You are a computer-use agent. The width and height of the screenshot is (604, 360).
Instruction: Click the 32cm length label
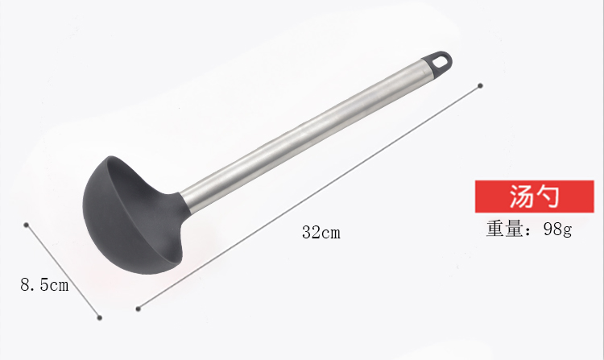point(321,233)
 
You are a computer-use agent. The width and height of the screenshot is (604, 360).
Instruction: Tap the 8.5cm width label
point(44,285)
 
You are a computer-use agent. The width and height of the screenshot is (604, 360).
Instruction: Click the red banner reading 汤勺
point(534,197)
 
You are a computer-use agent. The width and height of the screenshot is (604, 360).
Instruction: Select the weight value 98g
point(558,229)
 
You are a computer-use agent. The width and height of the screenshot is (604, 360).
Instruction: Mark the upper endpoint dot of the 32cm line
point(480,86)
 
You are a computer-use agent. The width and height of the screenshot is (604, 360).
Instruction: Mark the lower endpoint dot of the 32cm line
point(139,308)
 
